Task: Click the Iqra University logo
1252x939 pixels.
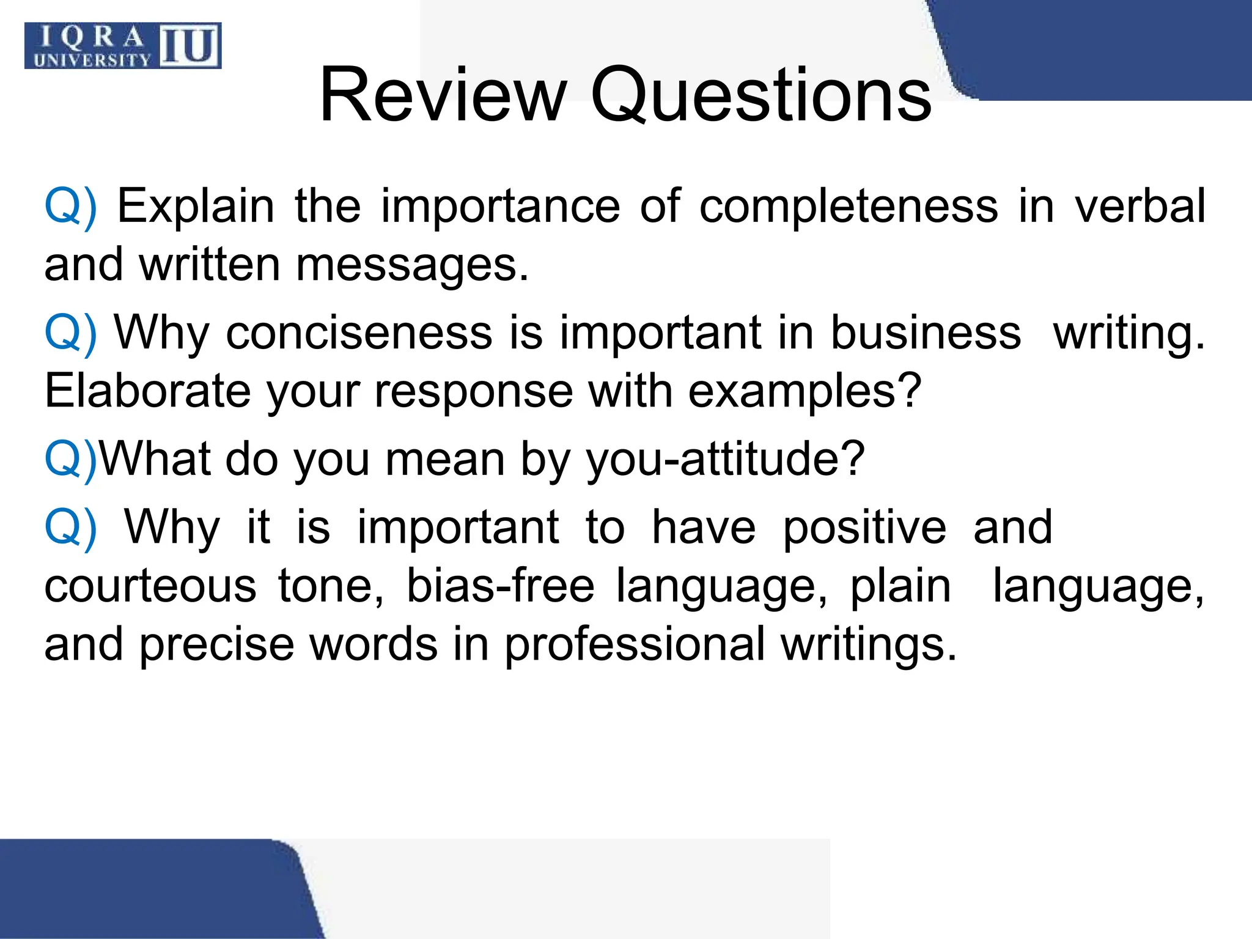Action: tap(123, 46)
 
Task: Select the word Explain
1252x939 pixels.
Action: tap(196, 206)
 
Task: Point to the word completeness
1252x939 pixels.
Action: tap(849, 206)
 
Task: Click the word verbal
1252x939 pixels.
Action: tap(1140, 206)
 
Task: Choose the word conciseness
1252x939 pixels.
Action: tap(359, 333)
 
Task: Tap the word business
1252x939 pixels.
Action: tap(926, 333)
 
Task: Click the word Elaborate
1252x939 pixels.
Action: tap(147, 391)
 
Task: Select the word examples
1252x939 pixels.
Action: tap(805, 391)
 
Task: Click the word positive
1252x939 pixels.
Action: tap(864, 527)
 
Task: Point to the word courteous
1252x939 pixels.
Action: tap(150, 586)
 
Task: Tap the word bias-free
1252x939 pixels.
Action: tap(500, 586)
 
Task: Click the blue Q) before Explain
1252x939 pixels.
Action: tap(71, 206)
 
